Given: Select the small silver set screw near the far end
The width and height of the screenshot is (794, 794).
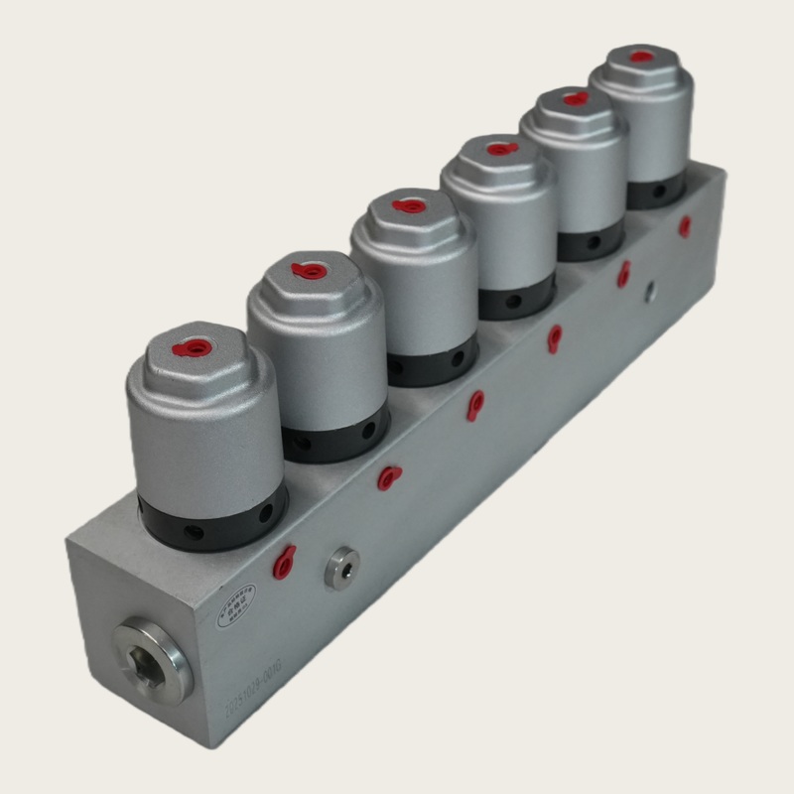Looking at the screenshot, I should [649, 292].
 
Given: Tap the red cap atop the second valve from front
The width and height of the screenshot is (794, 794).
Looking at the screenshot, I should [311, 270].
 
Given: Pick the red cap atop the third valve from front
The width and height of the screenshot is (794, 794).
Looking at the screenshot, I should [408, 206].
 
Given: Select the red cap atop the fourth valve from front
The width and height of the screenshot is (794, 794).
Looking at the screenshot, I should [501, 149].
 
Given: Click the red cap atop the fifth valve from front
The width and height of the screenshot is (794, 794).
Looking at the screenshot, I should [575, 98].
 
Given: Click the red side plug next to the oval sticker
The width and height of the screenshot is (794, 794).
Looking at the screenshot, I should [285, 562].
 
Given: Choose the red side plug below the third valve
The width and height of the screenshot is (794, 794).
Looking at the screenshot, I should [476, 404].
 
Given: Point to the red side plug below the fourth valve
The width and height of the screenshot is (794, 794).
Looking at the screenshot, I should [555, 338].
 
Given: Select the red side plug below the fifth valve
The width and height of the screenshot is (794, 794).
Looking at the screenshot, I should [623, 275].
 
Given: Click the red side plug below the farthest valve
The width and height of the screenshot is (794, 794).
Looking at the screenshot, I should [685, 226].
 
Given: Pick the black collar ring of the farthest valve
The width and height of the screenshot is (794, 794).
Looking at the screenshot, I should [655, 193].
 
